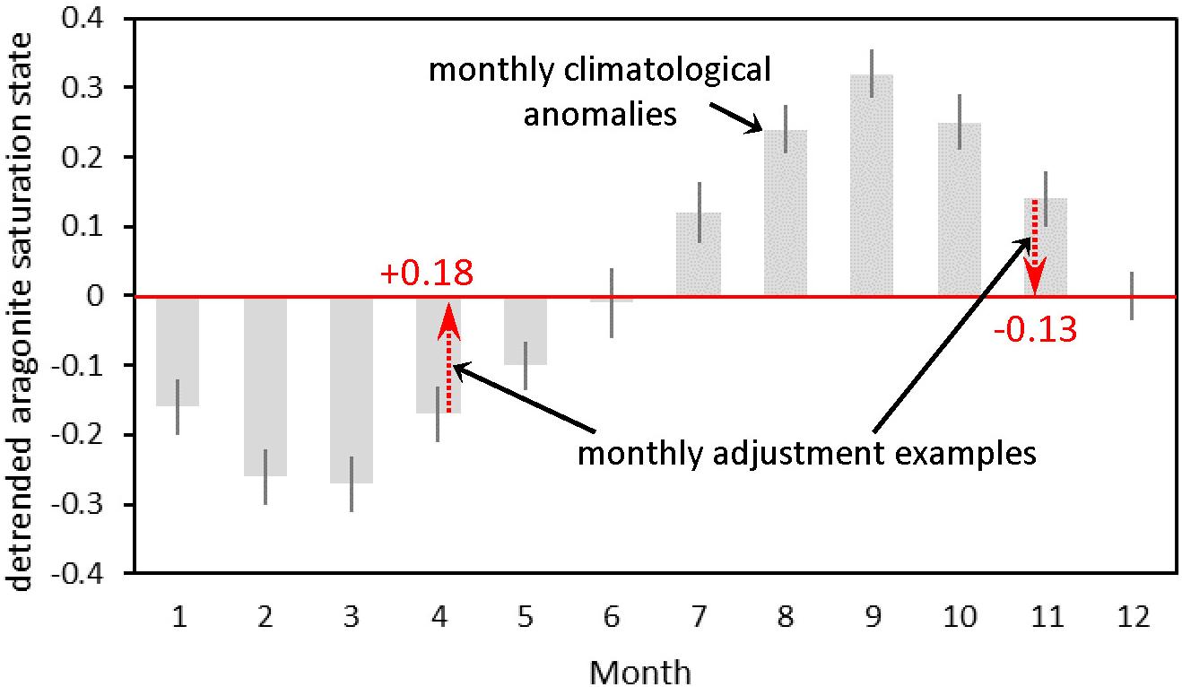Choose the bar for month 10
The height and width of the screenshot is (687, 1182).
[x=959, y=210]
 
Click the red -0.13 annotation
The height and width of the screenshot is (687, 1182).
[x=1034, y=329]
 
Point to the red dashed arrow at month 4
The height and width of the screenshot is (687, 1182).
[x=448, y=359]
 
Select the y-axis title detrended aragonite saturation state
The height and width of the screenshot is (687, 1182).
[x=22, y=309]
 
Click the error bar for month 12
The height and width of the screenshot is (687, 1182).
[x=1132, y=296]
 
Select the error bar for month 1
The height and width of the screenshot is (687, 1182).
[x=178, y=407]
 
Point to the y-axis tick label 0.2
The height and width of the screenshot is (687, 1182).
[x=85, y=157]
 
